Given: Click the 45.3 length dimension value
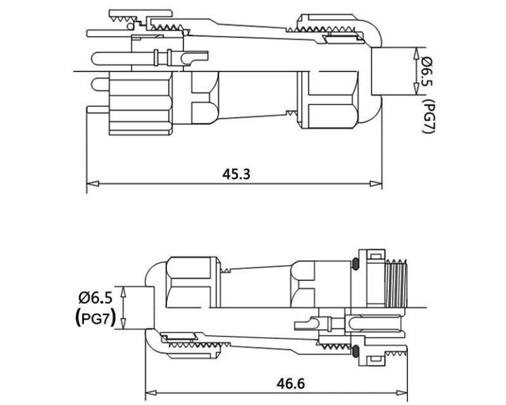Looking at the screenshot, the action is pyautogui.click(x=236, y=174).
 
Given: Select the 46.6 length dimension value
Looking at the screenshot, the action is pyautogui.click(x=290, y=383).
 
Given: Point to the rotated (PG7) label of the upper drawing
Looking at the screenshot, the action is pyautogui.click(x=429, y=116).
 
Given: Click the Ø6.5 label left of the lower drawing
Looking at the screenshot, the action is pyautogui.click(x=96, y=298).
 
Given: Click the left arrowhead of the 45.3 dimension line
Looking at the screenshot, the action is pyautogui.click(x=92, y=184).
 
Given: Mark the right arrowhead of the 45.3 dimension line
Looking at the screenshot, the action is pyautogui.click(x=376, y=184).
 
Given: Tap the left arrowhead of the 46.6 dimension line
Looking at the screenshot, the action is pyautogui.click(x=151, y=393).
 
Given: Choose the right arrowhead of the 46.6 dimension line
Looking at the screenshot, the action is pyautogui.click(x=402, y=393).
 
